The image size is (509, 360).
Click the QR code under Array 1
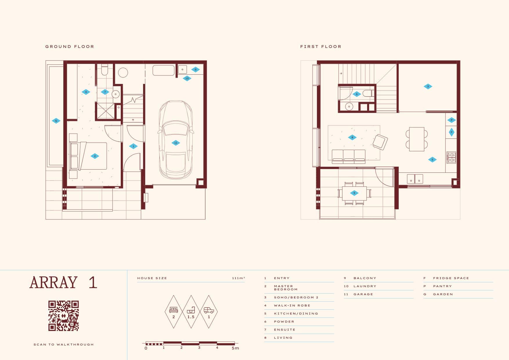point(64,316)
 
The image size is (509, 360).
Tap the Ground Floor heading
point(70,46)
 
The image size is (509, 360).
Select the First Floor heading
point(321,46)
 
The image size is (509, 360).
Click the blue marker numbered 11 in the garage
point(176,143)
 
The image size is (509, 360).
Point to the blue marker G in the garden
point(56,121)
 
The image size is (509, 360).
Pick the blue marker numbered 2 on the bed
point(95,156)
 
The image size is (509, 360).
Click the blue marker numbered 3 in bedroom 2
point(428,87)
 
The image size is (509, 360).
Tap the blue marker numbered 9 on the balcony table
point(354,193)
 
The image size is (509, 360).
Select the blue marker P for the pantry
point(452,120)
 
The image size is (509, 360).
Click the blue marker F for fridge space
point(452,132)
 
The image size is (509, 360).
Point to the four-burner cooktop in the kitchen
point(451,158)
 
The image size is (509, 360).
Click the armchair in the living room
point(380,142)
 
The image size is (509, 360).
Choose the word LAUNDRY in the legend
point(365,286)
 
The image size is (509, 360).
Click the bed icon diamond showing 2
point(174,312)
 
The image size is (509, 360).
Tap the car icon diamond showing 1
point(209,312)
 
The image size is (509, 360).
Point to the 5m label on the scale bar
point(235,348)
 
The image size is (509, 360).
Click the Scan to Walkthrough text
point(64,345)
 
